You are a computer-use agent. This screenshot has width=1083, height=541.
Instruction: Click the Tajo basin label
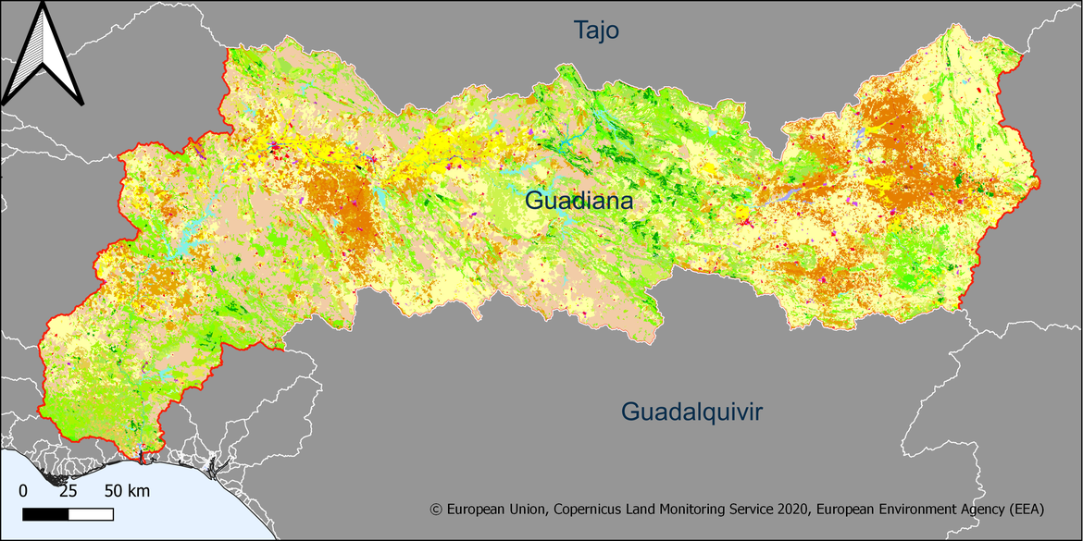coord(595,31)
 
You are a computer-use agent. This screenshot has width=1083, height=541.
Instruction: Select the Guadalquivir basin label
coord(691,412)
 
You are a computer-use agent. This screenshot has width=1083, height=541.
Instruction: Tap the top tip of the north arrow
coord(44,7)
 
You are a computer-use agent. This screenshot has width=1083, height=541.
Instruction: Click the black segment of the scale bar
coord(44,512)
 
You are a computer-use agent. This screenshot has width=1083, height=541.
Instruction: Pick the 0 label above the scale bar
coord(23,490)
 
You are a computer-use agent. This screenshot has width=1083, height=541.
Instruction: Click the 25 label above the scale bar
coord(68,490)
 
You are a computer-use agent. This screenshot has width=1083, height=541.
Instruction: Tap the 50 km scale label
coord(126,490)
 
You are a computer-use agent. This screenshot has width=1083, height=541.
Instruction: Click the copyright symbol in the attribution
coord(437,510)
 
